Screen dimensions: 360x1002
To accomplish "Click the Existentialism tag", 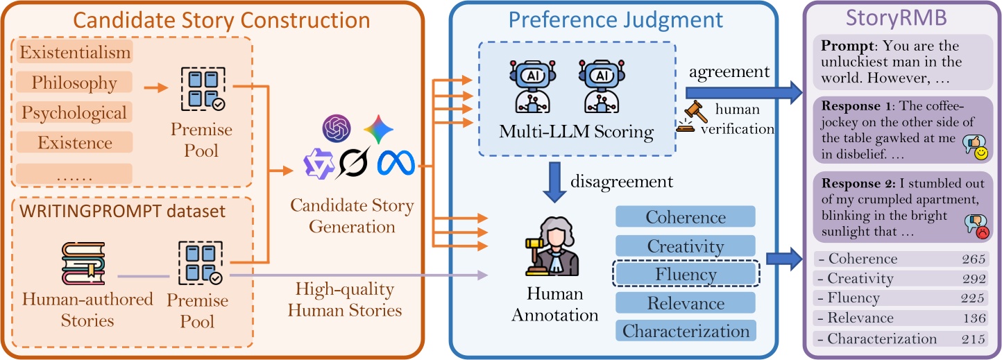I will coord(75,52).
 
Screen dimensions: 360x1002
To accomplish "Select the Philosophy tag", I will coord(75,83).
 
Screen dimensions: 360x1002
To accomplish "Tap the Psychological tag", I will coord(74,112).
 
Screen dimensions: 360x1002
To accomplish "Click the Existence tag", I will coord(75,143).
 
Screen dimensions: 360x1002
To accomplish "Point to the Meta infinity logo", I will coord(396,164).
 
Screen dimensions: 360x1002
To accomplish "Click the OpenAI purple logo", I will coord(338,128).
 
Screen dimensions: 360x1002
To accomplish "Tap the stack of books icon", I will coord(83,266).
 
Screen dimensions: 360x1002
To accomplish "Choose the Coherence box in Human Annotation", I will coord(685,217).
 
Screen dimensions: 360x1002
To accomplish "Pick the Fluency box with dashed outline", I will coord(686,275).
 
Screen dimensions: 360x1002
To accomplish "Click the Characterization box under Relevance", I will coord(686,332).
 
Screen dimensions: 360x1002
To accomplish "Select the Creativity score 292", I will coord(974,279).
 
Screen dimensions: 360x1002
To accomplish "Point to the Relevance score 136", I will coord(974,318).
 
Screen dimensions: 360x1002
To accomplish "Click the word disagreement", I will coord(622,182).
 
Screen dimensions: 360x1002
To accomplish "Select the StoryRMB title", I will coord(901,18).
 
